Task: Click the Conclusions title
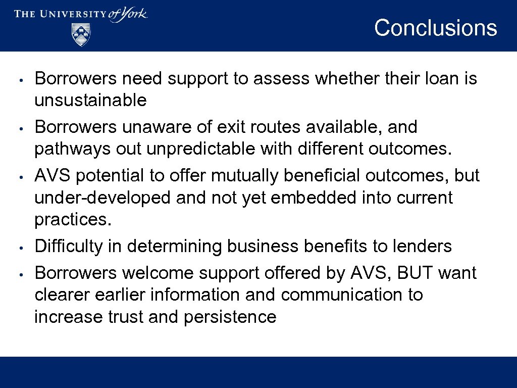[x=435, y=28]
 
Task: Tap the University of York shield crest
[x=81, y=34]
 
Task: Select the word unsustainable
[x=90, y=100]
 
